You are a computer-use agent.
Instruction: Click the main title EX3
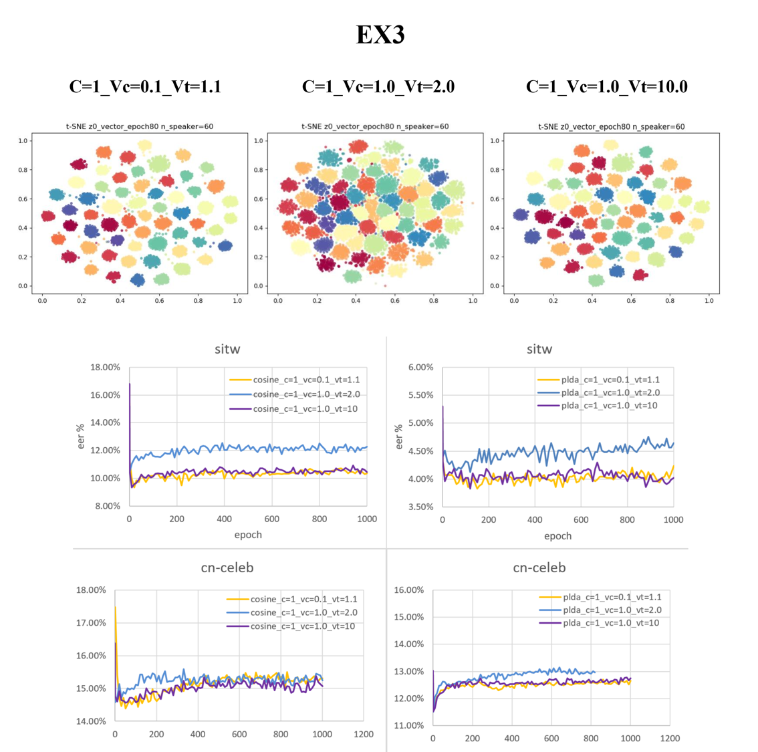(380, 35)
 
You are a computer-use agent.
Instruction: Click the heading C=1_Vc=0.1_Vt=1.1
(145, 86)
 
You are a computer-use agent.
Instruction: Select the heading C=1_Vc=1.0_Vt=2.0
(378, 86)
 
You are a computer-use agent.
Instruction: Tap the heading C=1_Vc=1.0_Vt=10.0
(606, 86)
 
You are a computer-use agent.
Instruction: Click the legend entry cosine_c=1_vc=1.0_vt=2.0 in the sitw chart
(306, 394)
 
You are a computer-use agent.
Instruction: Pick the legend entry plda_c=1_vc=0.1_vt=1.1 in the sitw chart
(610, 380)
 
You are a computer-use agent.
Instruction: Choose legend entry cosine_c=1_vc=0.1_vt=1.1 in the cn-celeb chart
(303, 600)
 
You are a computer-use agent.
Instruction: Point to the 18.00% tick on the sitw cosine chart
(106, 367)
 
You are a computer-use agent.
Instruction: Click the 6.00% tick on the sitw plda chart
(420, 367)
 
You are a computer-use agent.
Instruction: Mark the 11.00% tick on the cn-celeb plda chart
(409, 725)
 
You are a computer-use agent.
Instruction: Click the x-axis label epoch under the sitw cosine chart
(248, 535)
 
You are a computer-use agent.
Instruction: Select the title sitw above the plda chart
(539, 349)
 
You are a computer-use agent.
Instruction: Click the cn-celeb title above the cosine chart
(227, 568)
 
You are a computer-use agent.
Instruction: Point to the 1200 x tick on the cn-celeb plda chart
(670, 739)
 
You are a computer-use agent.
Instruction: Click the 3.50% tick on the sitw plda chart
(420, 507)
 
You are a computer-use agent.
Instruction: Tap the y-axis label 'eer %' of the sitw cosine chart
(81, 436)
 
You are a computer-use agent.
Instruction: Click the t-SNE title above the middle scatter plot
(375, 126)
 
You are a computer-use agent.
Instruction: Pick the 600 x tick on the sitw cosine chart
(271, 519)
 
